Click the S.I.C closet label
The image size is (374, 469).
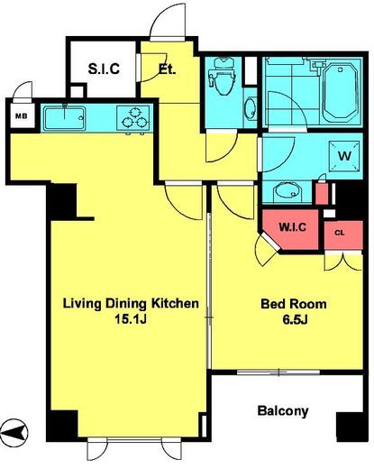(x=104, y=69)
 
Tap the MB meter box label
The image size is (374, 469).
(x=21, y=116)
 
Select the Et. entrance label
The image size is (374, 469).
(x=167, y=70)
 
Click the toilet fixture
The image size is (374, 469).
(x=223, y=76)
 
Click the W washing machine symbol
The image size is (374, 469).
(x=344, y=156)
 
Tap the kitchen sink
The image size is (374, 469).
(x=64, y=118)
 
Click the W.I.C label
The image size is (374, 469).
(x=292, y=226)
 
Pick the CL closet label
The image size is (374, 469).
(x=340, y=233)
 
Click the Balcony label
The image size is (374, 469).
(x=283, y=410)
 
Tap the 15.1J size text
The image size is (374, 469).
(x=131, y=320)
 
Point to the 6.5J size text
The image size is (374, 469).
(x=295, y=320)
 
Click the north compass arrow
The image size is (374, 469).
(x=14, y=433)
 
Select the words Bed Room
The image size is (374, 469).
(x=294, y=304)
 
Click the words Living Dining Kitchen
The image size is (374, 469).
(x=131, y=304)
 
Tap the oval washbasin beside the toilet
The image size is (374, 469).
(x=251, y=109)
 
